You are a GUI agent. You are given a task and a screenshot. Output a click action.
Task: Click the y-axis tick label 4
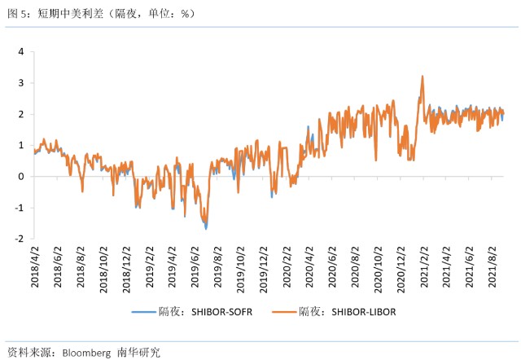[x=20, y=51]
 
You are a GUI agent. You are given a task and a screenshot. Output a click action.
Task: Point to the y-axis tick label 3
[x=20, y=82]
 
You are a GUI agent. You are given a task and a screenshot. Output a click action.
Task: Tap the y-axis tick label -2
[x=19, y=239]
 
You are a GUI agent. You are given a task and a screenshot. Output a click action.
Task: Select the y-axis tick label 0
[x=20, y=176]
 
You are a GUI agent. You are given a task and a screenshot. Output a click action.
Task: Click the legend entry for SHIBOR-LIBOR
[x=346, y=312]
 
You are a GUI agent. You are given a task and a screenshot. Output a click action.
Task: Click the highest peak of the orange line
[x=422, y=77]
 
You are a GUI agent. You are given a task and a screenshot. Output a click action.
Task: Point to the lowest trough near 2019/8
[x=206, y=228]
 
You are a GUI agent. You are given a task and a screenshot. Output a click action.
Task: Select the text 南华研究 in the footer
[x=139, y=353]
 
